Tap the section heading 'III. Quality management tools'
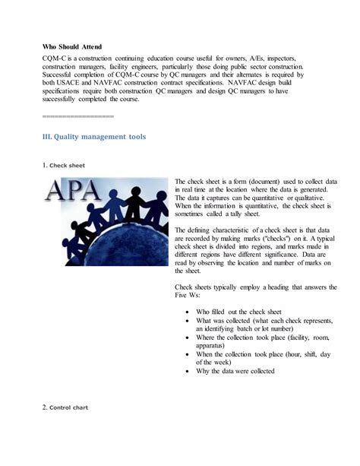pos(94,137)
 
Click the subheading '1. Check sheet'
pos(64,165)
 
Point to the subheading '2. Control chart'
pos(65,407)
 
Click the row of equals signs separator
pos(77,116)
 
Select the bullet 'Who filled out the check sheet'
pos(238,312)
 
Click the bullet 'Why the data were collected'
pos(235,371)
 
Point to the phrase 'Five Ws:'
pos(188,294)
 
